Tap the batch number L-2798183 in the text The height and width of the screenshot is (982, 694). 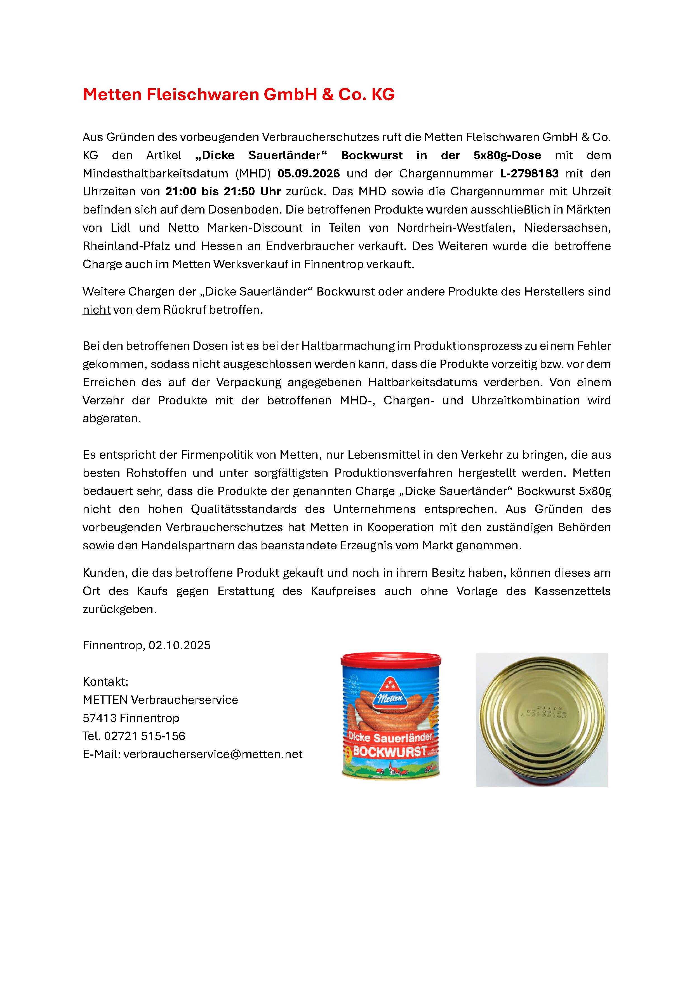pyautogui.click(x=529, y=174)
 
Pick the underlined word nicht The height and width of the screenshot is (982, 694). pyautogui.click(x=97, y=310)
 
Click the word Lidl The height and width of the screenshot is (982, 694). pyautogui.click(x=120, y=228)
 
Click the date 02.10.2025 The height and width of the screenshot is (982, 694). pyautogui.click(x=180, y=645)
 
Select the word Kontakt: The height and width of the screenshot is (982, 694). pyautogui.click(x=105, y=681)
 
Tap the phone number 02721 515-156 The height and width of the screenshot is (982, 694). pyautogui.click(x=145, y=736)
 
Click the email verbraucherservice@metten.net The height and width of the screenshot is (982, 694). pyautogui.click(x=213, y=754)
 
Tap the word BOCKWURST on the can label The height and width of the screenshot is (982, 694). pyautogui.click(x=390, y=751)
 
